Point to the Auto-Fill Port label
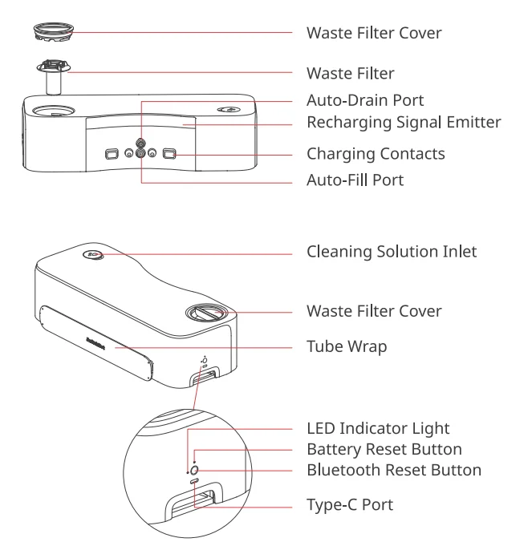click(355, 180)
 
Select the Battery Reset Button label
click(384, 449)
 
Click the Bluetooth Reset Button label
click(394, 470)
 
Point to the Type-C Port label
click(349, 506)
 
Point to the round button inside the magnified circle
click(195, 468)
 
